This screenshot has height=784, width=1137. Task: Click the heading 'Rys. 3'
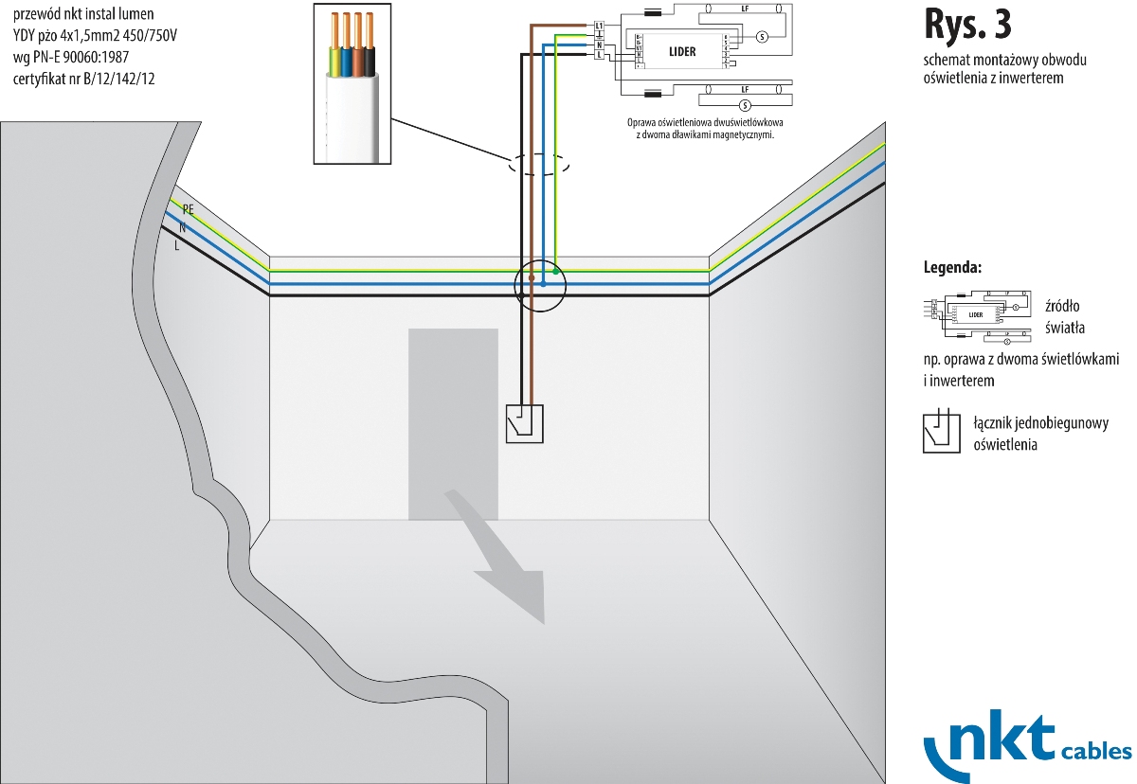tap(973, 25)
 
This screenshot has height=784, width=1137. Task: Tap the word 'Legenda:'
tap(952, 268)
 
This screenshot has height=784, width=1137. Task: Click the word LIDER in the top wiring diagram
tap(682, 51)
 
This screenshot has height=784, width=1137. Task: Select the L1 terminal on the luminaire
tap(599, 25)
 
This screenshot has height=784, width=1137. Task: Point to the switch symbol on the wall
tap(525, 423)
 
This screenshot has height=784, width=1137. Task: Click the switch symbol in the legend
tap(942, 432)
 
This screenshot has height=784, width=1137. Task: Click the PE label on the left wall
tap(188, 209)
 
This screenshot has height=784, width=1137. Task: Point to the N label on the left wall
tap(182, 228)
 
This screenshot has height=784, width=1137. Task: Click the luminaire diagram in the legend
tap(976, 313)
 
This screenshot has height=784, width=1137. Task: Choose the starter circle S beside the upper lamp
tap(761, 37)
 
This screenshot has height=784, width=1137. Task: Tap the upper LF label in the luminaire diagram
tap(745, 8)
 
